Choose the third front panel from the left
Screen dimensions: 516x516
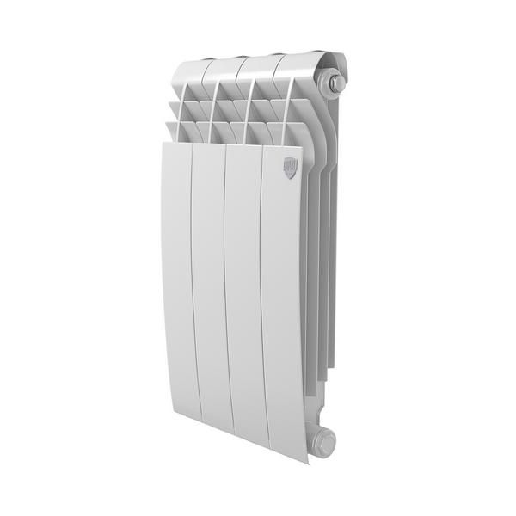(243, 301)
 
